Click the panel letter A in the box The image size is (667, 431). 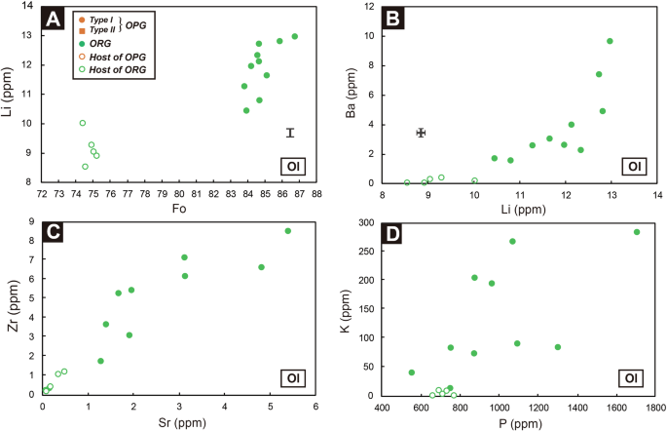click(x=54, y=19)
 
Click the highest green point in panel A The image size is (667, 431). click(x=295, y=37)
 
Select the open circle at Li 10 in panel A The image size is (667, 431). click(x=83, y=123)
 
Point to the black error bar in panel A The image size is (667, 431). click(x=289, y=133)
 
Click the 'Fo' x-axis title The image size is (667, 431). click(x=178, y=208)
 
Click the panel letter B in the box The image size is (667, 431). click(x=380, y=19)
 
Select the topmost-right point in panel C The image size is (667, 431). click(x=287, y=231)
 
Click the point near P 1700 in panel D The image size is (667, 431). click(x=637, y=232)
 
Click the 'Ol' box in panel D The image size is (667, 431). click(x=632, y=377)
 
